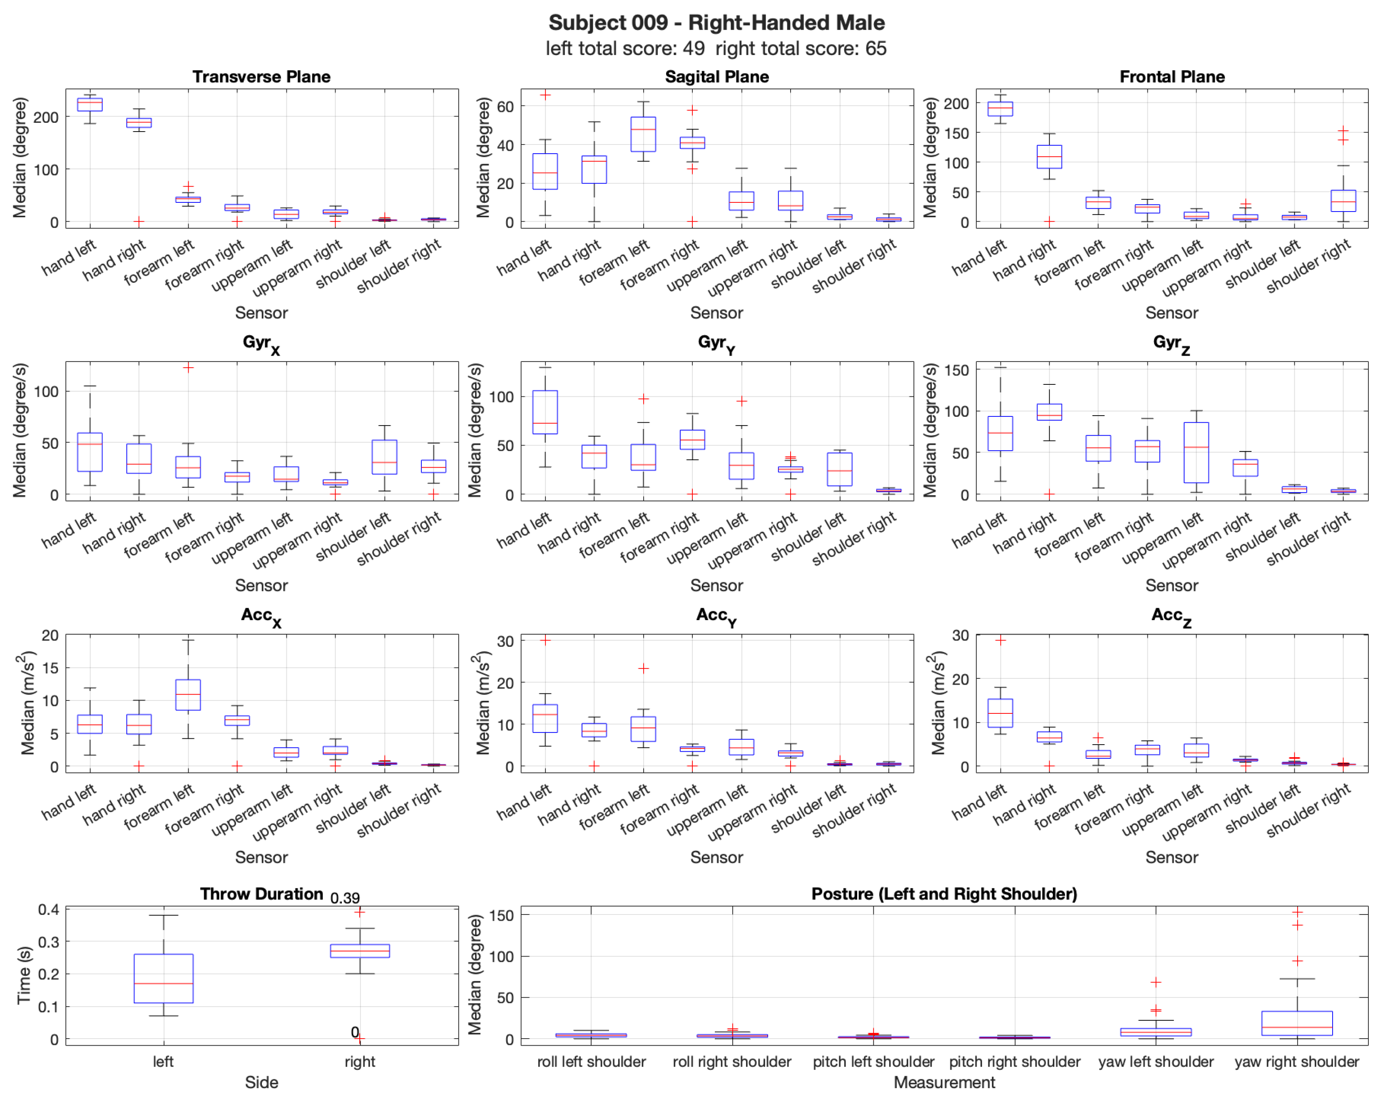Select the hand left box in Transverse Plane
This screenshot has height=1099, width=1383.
90,105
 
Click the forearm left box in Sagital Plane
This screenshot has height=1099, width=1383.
643,134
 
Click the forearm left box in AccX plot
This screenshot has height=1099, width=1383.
188,695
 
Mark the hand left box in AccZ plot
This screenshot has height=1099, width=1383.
1000,713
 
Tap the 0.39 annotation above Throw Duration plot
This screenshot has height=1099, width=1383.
345,897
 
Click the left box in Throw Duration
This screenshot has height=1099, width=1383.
164,978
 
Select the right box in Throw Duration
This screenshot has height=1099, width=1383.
360,950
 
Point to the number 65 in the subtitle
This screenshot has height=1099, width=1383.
875,48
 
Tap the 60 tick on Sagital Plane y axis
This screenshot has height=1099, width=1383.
505,107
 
